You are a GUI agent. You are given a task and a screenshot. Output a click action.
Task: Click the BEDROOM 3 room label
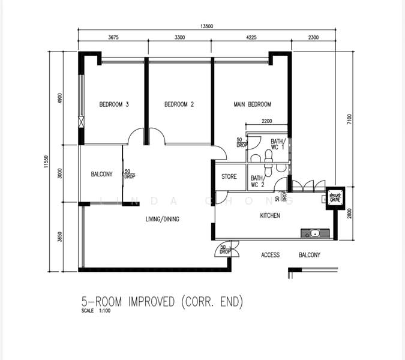click(114, 104)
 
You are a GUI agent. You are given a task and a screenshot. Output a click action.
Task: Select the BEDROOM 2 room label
click(179, 104)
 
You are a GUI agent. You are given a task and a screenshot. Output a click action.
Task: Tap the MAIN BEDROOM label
click(252, 104)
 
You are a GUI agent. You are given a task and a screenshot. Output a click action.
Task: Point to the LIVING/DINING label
click(162, 219)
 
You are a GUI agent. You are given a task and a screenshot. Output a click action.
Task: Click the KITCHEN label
click(270, 215)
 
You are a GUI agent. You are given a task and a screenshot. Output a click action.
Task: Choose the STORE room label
click(229, 177)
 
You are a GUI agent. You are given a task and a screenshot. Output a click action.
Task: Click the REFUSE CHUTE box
click(335, 197)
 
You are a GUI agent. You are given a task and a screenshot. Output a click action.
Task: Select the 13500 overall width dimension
click(208, 26)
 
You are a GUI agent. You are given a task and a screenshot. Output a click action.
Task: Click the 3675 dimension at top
click(113, 38)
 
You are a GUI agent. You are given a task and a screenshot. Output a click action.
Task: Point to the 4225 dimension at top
click(252, 38)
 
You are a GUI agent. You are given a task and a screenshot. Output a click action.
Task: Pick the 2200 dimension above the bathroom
click(267, 121)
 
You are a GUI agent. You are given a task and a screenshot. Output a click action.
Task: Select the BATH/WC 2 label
click(257, 181)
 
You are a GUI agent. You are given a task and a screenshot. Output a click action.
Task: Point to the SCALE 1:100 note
click(96, 311)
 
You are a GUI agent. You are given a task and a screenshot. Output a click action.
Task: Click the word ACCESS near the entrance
click(271, 255)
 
